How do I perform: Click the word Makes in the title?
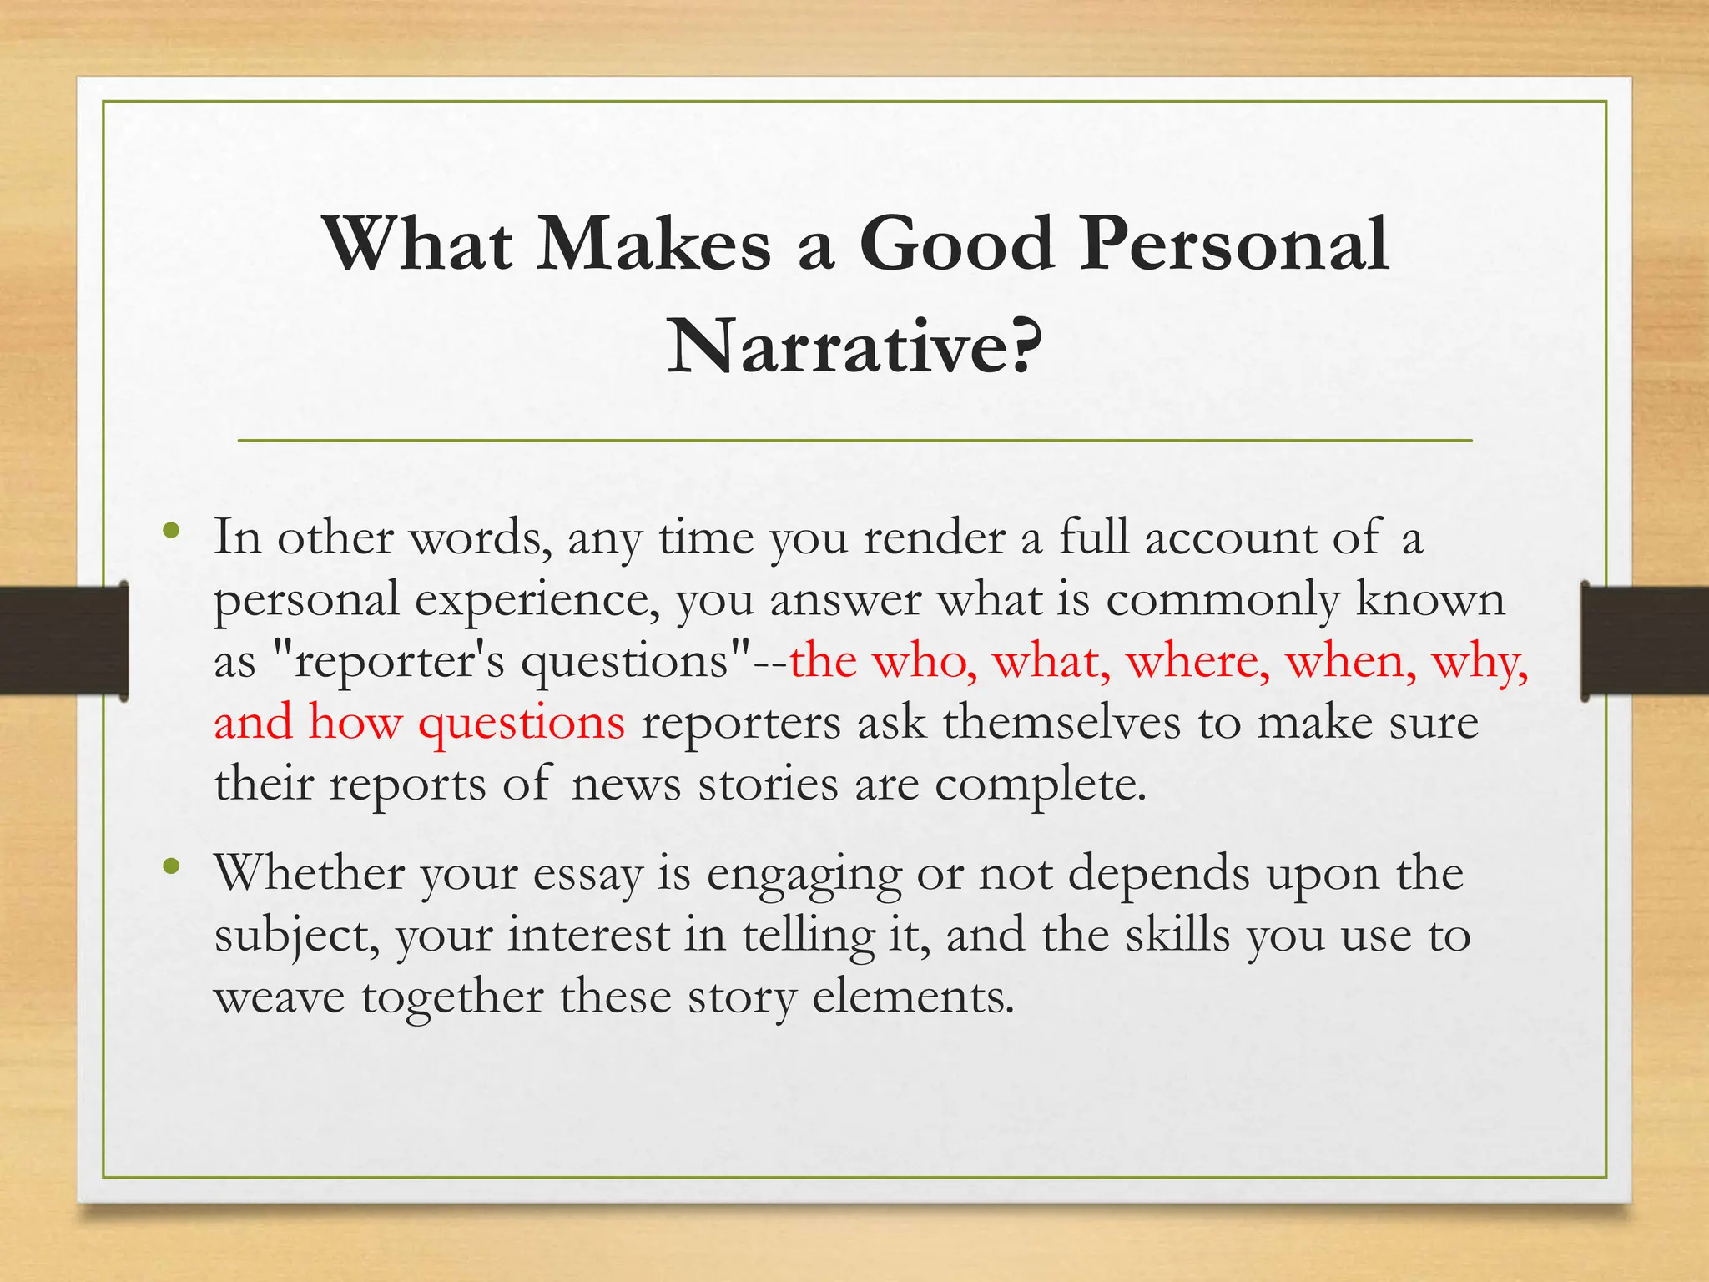pyautogui.click(x=653, y=244)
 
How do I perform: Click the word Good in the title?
pyautogui.click(x=956, y=244)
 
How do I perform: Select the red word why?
pyautogui.click(x=1480, y=663)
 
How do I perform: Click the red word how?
pyautogui.click(x=355, y=723)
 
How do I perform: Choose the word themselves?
pyautogui.click(x=1061, y=723)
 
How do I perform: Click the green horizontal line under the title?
pyautogui.click(x=854, y=440)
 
